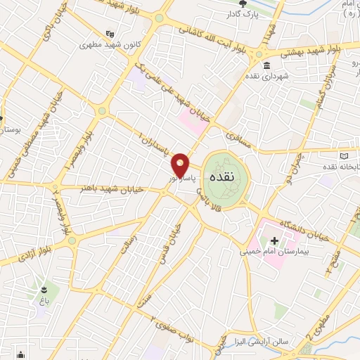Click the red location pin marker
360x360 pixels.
[181, 165]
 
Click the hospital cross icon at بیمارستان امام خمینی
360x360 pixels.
[274, 290]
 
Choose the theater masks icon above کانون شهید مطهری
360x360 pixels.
[110, 32]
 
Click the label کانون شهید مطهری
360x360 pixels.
[110, 44]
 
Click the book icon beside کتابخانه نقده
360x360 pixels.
[344, 155]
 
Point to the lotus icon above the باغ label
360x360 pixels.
[46, 290]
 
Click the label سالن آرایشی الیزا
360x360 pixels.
[261, 340]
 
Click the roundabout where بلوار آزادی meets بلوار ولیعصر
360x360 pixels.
[72, 240]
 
